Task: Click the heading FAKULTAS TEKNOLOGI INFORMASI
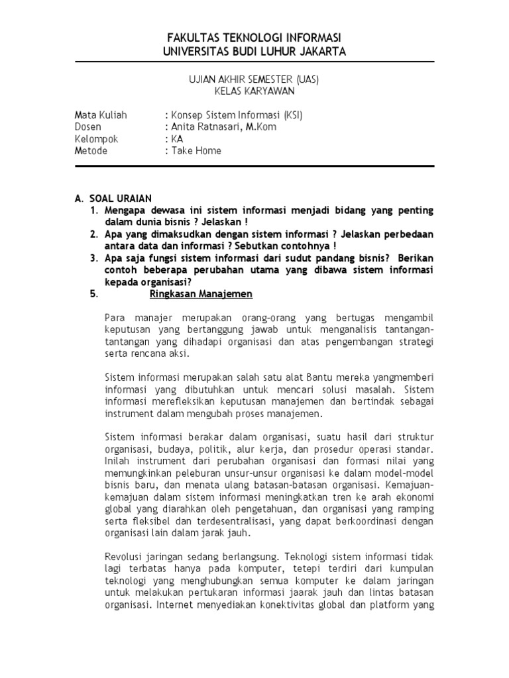pyautogui.click(x=255, y=37)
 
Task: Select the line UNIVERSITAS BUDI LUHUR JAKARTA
pyautogui.click(x=255, y=51)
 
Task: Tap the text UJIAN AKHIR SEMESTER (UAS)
pyautogui.click(x=255, y=79)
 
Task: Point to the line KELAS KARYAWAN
pyautogui.click(x=255, y=91)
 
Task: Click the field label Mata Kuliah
pyautogui.click(x=101, y=115)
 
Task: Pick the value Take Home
pyautogui.click(x=197, y=151)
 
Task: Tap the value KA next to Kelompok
pyautogui.click(x=177, y=139)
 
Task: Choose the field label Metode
pyautogui.click(x=91, y=151)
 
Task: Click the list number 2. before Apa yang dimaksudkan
pyautogui.click(x=93, y=234)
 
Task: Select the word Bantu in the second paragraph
pyautogui.click(x=305, y=377)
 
